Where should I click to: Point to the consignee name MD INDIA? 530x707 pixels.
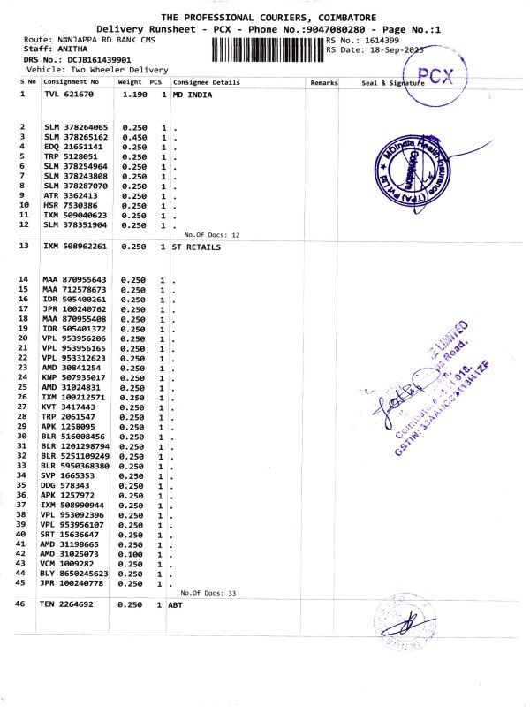(x=193, y=93)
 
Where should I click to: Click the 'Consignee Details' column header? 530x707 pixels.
(x=206, y=82)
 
